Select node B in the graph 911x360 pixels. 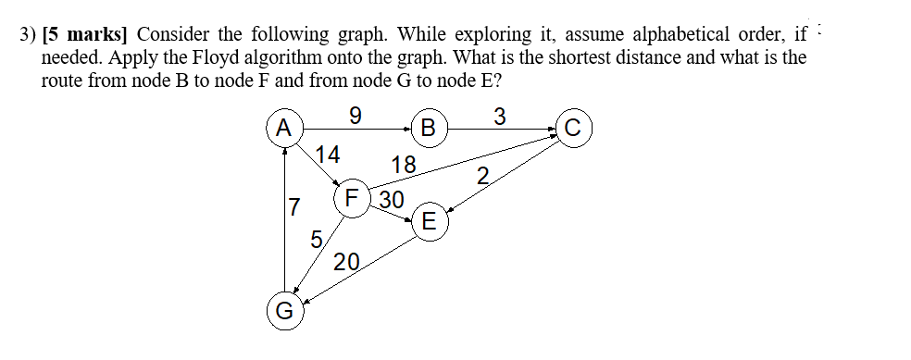tap(428, 127)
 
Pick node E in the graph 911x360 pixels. tap(428, 221)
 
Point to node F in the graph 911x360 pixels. tap(352, 198)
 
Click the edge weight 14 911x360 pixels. tap(329, 154)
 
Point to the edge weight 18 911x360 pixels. tap(404, 166)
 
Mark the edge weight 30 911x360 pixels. tap(392, 200)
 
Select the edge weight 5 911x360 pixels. tap(316, 240)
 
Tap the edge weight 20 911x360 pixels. tap(347, 262)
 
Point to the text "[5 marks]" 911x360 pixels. tap(89, 35)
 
